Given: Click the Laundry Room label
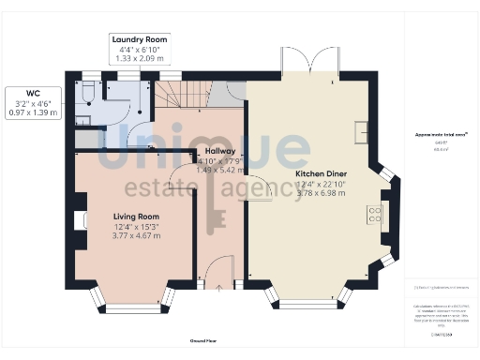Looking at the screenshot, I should tap(139, 39).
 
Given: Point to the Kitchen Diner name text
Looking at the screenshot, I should tap(321, 173).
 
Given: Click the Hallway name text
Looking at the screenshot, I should tap(218, 150).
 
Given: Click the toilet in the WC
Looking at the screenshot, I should tap(87, 92).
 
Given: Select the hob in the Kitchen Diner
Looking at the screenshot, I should tap(375, 214).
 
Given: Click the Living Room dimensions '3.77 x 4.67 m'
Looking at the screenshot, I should tap(137, 234).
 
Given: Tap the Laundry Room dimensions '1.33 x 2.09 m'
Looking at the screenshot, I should tap(139, 58).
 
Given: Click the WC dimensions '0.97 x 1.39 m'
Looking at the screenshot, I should tap(33, 112).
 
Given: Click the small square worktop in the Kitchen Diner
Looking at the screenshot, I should tap(361, 129).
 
